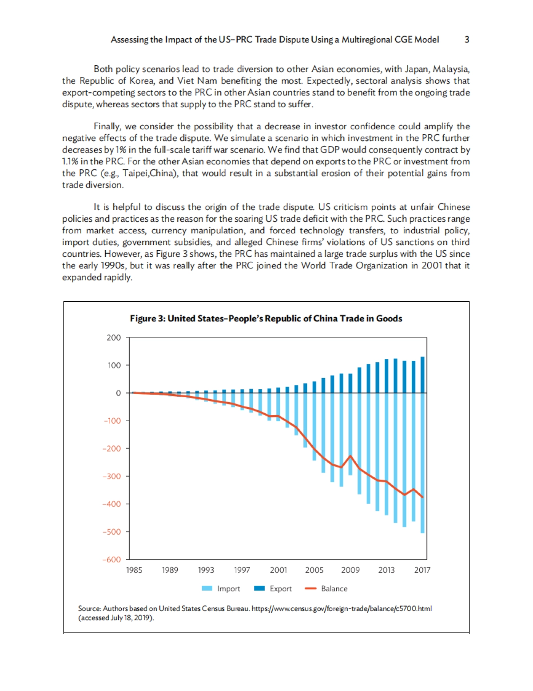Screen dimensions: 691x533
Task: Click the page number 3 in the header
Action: click(467, 40)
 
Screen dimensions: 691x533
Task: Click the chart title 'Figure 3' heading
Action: click(266, 319)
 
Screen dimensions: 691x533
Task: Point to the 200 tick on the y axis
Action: click(114, 338)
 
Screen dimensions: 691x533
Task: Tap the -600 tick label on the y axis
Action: click(112, 559)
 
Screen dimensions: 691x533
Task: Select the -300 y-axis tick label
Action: click(112, 476)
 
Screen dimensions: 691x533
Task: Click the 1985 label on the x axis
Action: click(134, 570)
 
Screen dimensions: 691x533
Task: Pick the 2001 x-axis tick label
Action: click(278, 570)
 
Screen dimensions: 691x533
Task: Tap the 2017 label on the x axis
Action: click(422, 570)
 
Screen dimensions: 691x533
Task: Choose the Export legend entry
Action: click(273, 589)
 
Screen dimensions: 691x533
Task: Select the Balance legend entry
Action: click(326, 589)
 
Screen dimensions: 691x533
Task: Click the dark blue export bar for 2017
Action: click(422, 375)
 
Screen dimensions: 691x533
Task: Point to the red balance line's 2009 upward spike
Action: click(350, 456)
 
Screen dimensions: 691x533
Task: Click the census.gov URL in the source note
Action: click(342, 608)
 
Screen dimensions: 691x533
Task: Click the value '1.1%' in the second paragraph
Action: click(70, 162)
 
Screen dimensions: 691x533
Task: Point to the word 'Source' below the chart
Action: click(89, 608)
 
